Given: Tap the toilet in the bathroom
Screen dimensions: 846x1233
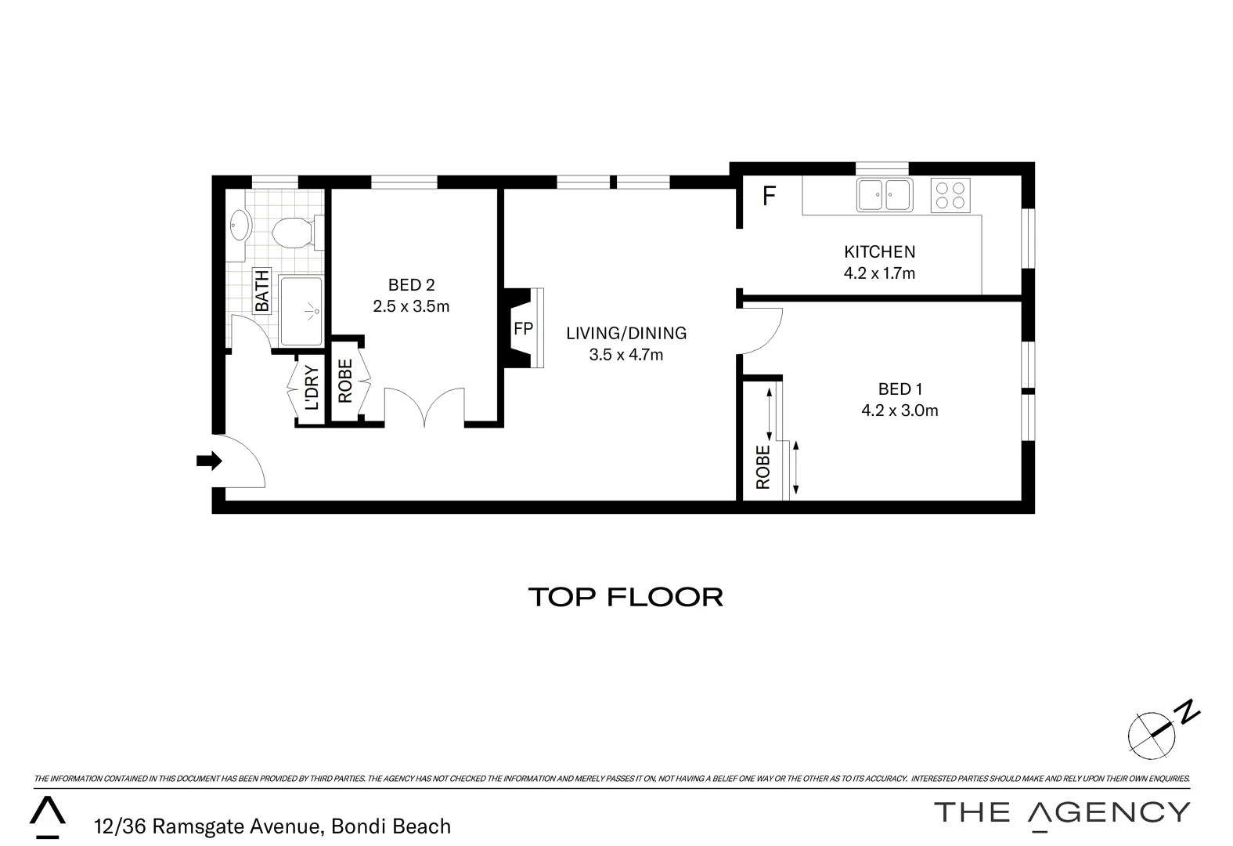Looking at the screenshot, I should coord(291,233).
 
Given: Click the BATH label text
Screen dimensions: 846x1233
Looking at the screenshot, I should coord(261,291).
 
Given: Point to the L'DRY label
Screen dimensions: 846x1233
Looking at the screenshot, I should coord(312,389).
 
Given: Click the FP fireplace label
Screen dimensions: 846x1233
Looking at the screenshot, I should coord(523,329).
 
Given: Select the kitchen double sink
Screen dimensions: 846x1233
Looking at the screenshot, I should coord(884,195).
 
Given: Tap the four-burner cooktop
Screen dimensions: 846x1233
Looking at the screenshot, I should coord(950,195).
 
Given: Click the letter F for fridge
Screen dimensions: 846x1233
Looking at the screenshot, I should coord(769,196).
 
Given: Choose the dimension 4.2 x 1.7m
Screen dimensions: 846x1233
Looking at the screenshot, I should coord(879,273).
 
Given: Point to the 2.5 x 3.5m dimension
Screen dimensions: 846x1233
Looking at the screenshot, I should coord(411,306).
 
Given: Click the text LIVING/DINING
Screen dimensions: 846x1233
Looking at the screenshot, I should coord(626,333).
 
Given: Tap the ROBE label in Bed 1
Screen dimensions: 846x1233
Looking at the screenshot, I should coord(763,468).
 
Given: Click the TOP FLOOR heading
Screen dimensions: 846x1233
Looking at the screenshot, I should coord(626,597).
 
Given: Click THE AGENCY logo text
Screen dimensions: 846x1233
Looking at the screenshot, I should coord(1062,812).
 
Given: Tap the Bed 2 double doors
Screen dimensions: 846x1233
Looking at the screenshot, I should coord(424,407).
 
